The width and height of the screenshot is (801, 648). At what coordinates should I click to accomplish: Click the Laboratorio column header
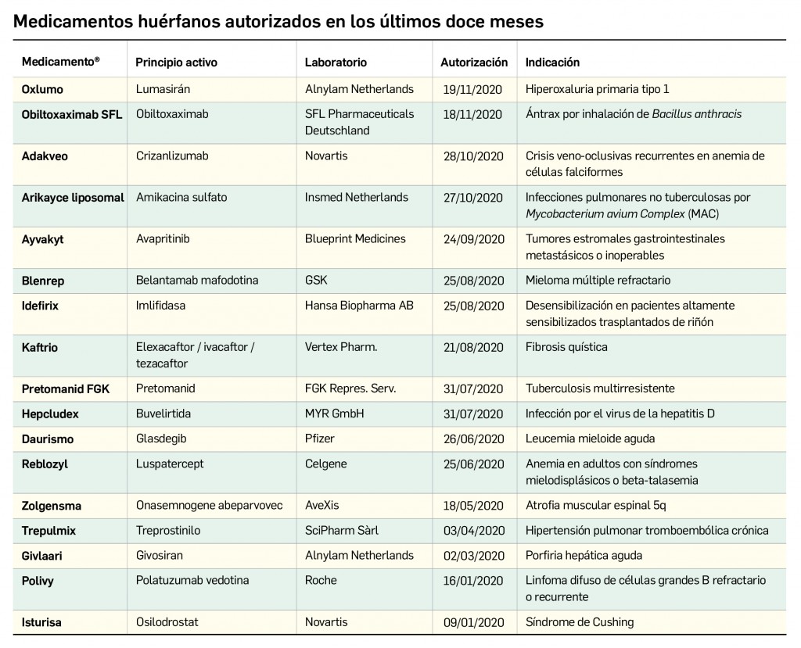336,63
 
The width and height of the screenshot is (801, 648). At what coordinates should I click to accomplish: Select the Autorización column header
474,63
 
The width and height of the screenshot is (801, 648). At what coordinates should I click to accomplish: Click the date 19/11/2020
472,89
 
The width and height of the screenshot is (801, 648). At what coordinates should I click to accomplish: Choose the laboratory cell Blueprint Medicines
355,239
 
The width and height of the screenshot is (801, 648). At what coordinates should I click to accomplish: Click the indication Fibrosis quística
566,347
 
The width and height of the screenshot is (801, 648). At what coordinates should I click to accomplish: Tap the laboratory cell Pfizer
319,439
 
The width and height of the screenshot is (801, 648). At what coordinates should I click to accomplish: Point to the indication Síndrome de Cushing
580,622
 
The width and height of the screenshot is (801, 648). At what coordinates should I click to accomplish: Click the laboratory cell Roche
321,580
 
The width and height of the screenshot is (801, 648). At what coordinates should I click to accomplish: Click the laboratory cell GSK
316,281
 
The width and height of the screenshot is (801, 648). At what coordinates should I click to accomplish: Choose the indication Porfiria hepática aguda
584,556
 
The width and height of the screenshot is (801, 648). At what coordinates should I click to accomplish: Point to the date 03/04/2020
472,531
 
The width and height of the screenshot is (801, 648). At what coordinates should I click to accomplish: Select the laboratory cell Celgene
325,464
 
